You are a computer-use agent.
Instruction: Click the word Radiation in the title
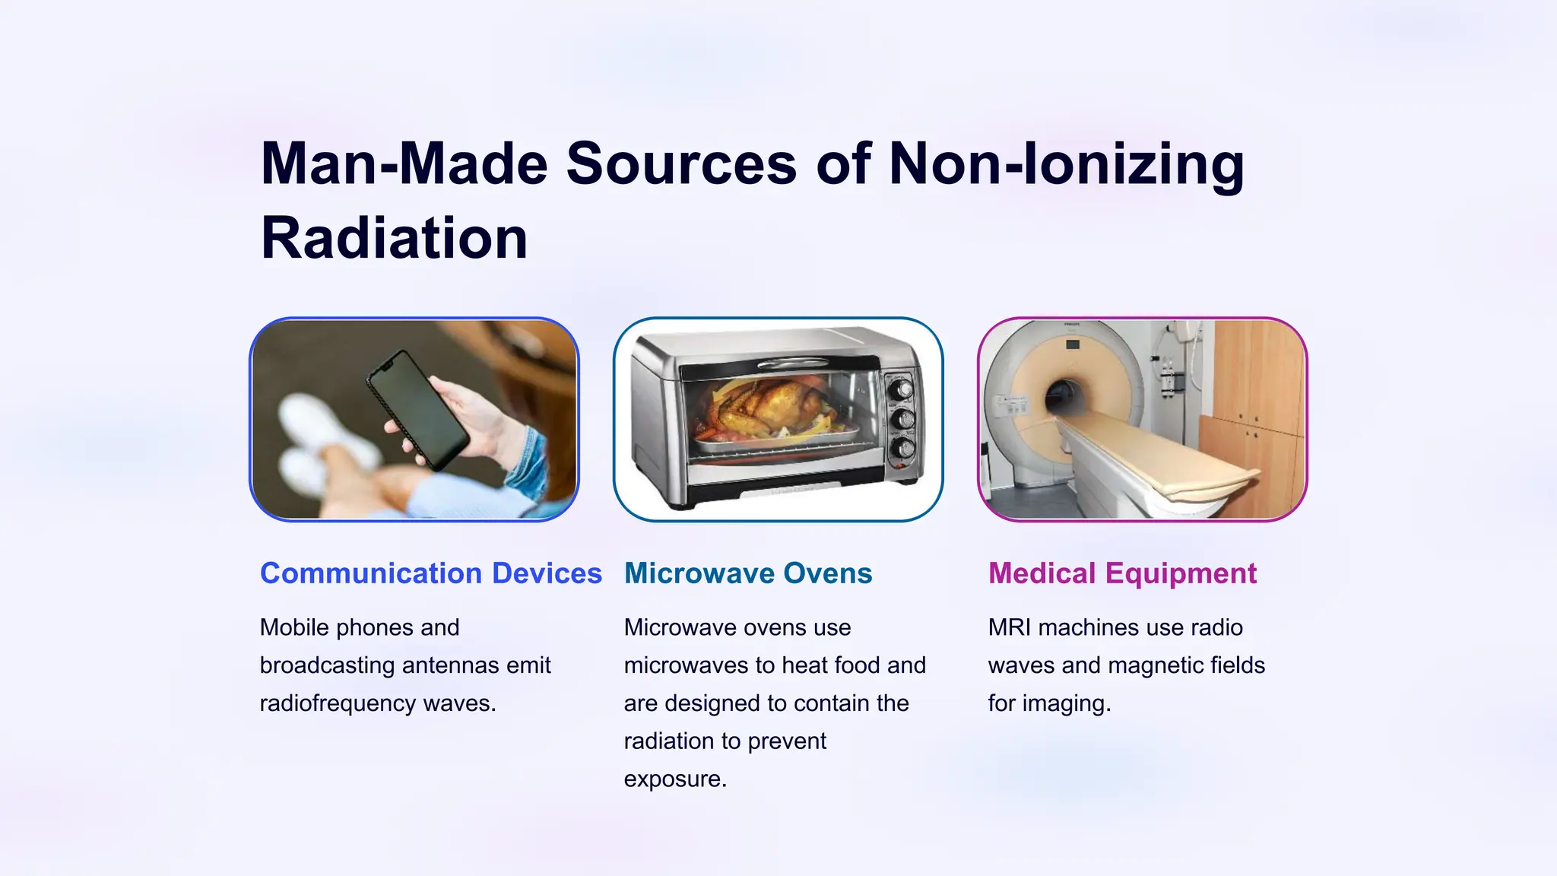[x=394, y=239]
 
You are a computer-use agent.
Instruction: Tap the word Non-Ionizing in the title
[x=1066, y=164]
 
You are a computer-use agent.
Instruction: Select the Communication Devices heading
[x=430, y=573]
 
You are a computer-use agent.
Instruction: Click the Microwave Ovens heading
[x=748, y=573]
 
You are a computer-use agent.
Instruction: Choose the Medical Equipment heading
[x=1122, y=573]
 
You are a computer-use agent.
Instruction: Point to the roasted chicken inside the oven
[x=768, y=407]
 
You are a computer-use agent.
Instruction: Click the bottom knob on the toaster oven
[x=902, y=448]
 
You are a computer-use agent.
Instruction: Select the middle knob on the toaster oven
[x=902, y=419]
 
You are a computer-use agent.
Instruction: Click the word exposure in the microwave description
[x=675, y=779]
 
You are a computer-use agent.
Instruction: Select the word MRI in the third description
[x=1010, y=627]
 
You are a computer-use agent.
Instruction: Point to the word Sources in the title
[x=681, y=164]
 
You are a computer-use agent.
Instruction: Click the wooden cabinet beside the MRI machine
[x=1258, y=395]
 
